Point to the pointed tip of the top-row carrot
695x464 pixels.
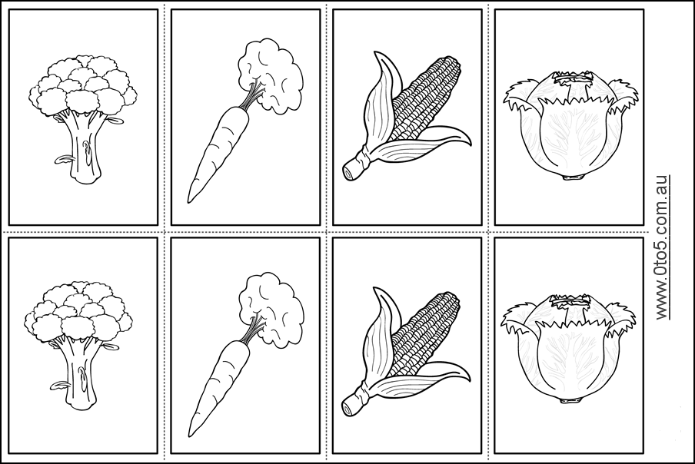(x=190, y=200)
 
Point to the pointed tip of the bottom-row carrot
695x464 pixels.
(x=190, y=433)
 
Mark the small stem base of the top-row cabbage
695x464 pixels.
(x=570, y=177)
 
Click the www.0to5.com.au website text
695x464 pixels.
(x=662, y=246)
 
